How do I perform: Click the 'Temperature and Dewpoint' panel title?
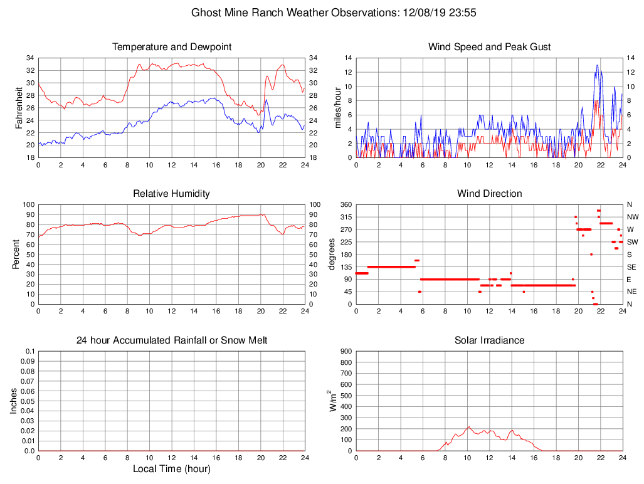click(x=172, y=47)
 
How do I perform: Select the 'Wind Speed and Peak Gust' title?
click(x=489, y=47)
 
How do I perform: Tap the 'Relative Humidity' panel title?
click(x=172, y=194)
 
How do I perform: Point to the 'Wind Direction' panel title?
click(x=489, y=194)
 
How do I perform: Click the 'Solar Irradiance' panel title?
click(x=489, y=340)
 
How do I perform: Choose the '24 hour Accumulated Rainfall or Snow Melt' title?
click(x=172, y=340)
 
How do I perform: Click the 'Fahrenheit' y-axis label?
click(x=19, y=108)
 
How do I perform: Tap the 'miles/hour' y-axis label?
click(x=337, y=108)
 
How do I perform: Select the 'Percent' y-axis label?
click(x=17, y=255)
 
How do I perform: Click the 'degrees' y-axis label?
click(x=332, y=255)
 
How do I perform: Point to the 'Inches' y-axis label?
click(x=14, y=401)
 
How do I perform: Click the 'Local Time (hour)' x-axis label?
click(x=172, y=468)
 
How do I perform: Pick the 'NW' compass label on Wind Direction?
click(x=632, y=217)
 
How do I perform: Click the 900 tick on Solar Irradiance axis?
click(x=345, y=352)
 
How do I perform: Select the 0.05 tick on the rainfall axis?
click(x=28, y=401)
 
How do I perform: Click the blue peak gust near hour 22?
click(x=597, y=65)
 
